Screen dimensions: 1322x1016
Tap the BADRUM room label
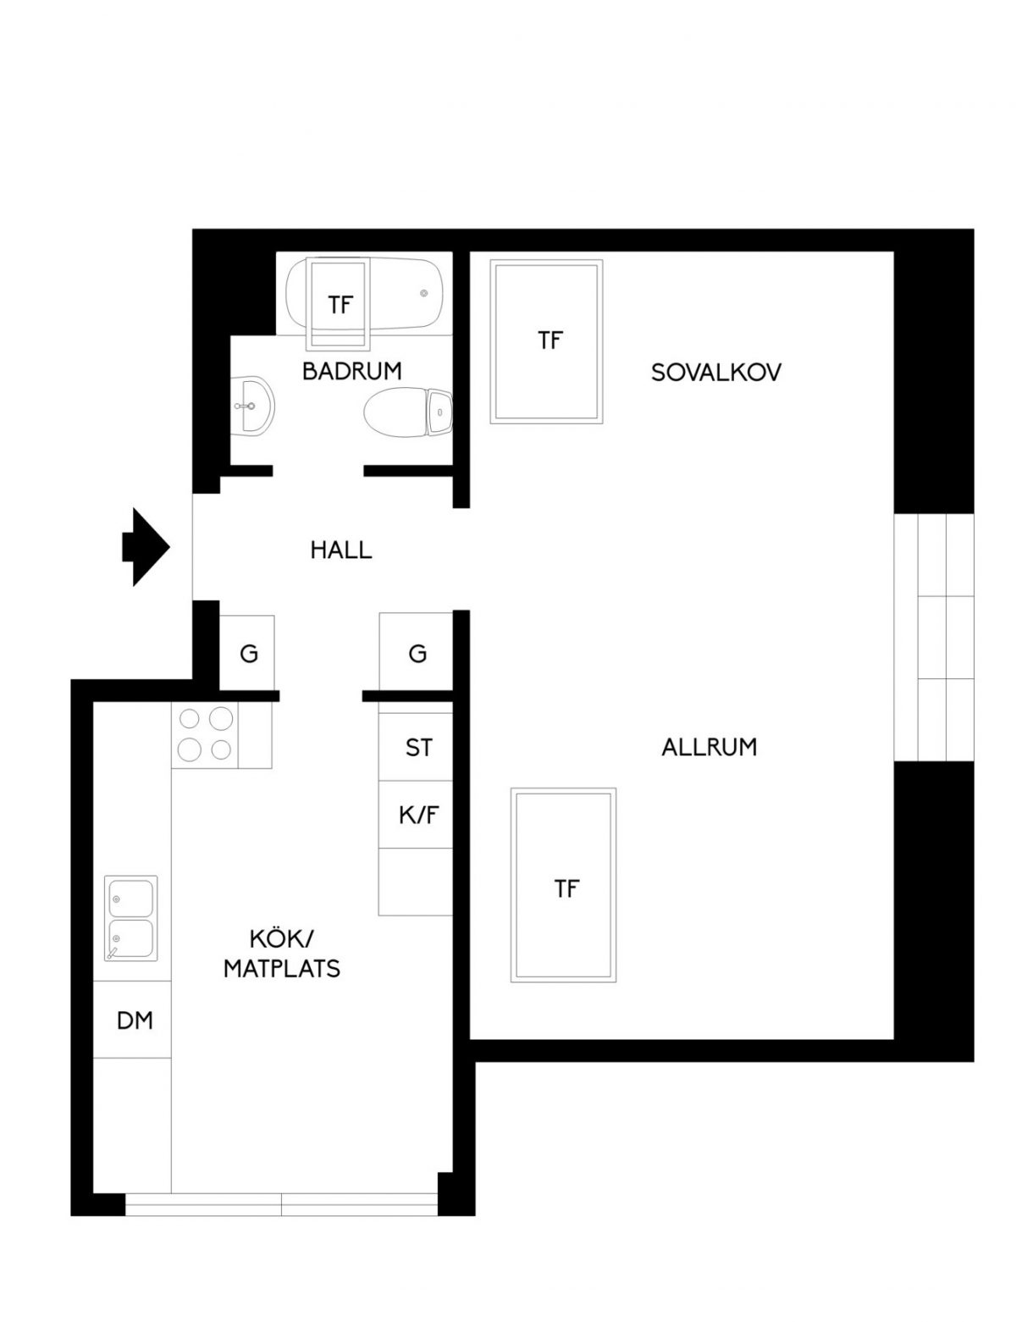(351, 371)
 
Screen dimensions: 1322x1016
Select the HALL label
(341, 550)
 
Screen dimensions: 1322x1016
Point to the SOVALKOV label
(715, 373)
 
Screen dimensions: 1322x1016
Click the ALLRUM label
(709, 747)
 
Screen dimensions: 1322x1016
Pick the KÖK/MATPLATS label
(282, 954)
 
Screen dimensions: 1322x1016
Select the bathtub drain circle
(423, 294)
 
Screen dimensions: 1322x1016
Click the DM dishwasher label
(135, 1021)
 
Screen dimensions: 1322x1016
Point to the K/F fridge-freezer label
(419, 815)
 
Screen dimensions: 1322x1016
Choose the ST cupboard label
(418, 748)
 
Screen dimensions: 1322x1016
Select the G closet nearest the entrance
(248, 654)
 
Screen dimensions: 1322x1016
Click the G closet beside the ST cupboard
(417, 654)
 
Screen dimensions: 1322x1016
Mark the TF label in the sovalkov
(549, 340)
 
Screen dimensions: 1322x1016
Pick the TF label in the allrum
(566, 888)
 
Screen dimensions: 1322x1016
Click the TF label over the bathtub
(340, 305)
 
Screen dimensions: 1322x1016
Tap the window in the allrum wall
(934, 637)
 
